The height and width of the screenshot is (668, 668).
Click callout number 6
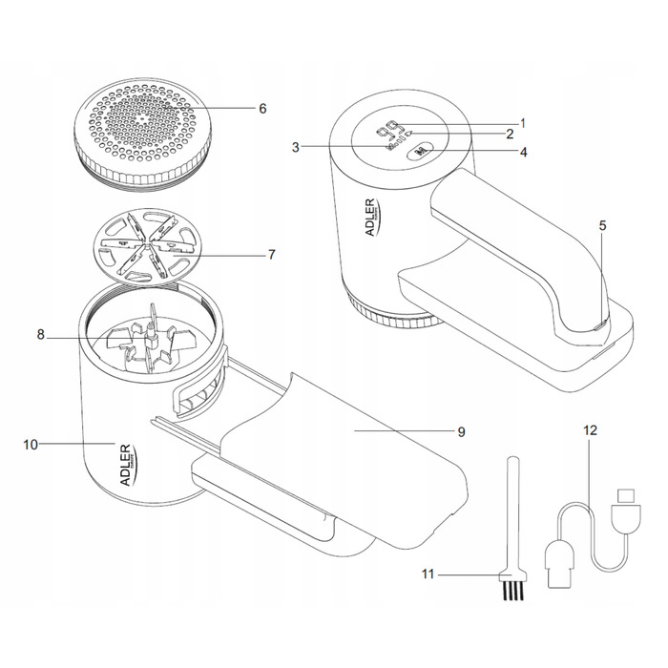tap(262, 108)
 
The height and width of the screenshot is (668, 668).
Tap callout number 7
tap(272, 255)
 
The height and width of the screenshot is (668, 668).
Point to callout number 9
tap(461, 432)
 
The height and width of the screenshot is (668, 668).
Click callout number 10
tap(31, 444)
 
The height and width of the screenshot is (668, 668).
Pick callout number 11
tap(430, 575)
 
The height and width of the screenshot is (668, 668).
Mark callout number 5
tap(602, 226)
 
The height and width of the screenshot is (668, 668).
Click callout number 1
tap(523, 122)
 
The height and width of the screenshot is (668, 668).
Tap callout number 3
tap(297, 147)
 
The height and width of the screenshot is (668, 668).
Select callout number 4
tap(523, 151)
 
